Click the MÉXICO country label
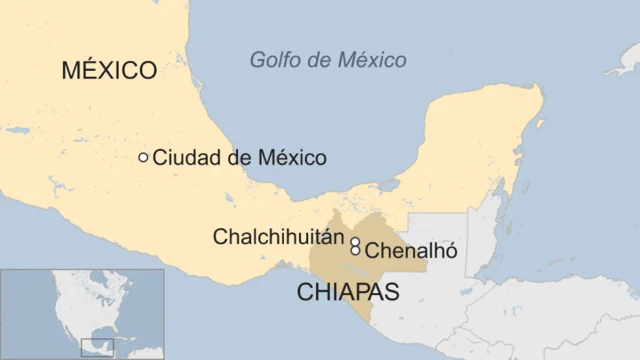click(109, 70)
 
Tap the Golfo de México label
click(328, 60)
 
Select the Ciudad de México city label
click(239, 158)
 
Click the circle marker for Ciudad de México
click(144, 157)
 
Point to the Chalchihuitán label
click(278, 237)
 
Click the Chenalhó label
click(411, 251)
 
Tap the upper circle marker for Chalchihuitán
click(355, 241)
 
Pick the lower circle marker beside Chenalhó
click(355, 251)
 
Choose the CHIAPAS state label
click(348, 292)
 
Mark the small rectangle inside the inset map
click(97, 347)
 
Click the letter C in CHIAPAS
click(305, 292)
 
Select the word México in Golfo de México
click(370, 60)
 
